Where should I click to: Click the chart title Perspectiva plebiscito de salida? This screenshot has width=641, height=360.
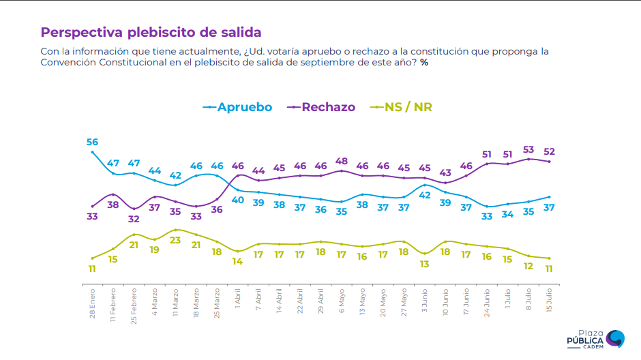[x=151, y=32]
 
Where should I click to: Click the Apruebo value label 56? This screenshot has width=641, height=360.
[x=92, y=142]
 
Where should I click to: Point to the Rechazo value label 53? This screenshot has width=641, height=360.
[x=528, y=149]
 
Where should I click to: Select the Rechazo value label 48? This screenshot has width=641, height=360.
[x=342, y=161]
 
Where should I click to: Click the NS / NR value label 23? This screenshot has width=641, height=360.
[x=175, y=240]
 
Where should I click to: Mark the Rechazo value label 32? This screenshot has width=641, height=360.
[x=134, y=219]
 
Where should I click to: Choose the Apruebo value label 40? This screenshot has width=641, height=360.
[x=238, y=200]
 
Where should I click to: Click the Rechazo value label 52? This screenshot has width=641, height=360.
[x=549, y=151]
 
